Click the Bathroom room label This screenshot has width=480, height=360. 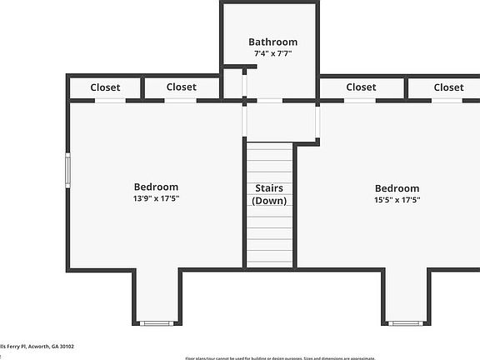(x=272, y=42)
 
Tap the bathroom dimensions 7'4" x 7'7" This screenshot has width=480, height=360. (x=272, y=53)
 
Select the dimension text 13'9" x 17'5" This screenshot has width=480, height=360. (x=156, y=198)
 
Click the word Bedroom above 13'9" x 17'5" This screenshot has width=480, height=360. (x=156, y=187)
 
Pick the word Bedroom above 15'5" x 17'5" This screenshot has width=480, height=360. (x=397, y=188)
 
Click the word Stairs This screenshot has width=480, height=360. (x=269, y=188)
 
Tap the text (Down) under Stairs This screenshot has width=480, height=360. (x=269, y=201)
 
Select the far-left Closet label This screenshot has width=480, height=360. (x=105, y=87)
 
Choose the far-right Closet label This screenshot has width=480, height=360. (x=448, y=87)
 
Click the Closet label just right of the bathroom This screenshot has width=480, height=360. (x=361, y=87)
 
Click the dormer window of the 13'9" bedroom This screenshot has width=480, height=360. (x=156, y=323)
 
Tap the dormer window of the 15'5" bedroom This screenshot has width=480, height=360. (x=405, y=323)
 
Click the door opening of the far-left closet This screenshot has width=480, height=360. (x=109, y=101)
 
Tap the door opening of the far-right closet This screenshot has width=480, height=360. (x=446, y=101)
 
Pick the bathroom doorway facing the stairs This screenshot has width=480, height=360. (x=269, y=101)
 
